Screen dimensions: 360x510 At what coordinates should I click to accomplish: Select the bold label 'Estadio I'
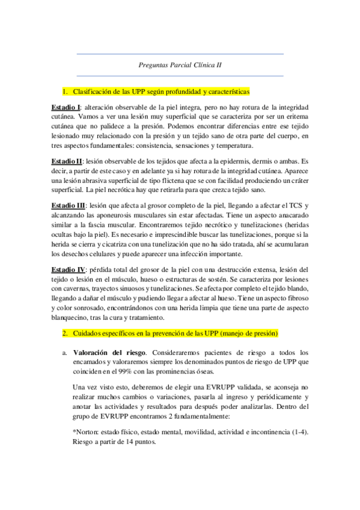(x=66, y=106)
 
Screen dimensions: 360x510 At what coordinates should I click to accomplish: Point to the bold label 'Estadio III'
(x=67, y=206)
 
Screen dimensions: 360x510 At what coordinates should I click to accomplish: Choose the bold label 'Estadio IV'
(x=68, y=268)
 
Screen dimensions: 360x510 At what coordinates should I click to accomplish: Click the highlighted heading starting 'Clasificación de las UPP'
(x=160, y=92)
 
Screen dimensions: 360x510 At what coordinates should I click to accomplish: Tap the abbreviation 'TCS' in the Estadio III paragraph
(x=291, y=206)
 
